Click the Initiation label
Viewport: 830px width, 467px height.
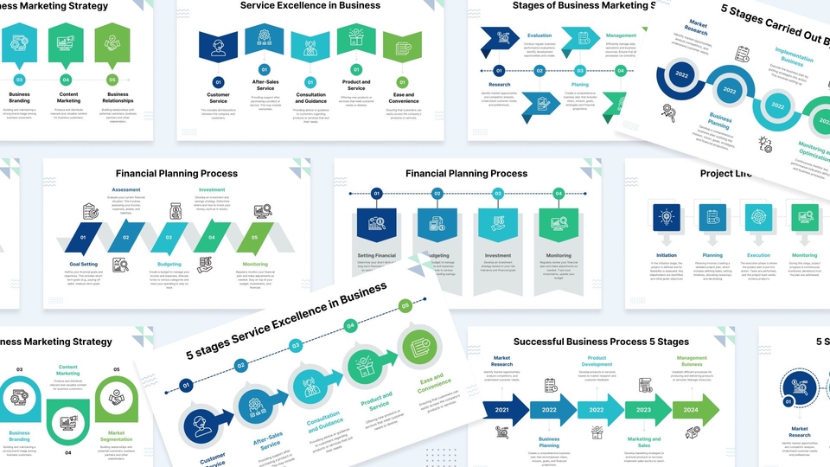(x=667, y=255)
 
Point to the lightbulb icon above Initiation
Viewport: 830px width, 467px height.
(x=667, y=217)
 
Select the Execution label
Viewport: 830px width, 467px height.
(x=758, y=255)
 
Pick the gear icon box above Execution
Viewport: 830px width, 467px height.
(x=758, y=217)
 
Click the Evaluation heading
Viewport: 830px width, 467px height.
(x=539, y=35)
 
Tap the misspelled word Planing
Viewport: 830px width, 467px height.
(x=579, y=85)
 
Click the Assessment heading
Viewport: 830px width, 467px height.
(x=126, y=189)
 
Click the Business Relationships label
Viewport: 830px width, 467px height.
(x=118, y=98)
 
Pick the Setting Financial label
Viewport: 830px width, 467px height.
(x=377, y=256)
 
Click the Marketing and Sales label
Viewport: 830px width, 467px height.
(x=643, y=442)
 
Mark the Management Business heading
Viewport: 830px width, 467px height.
(x=691, y=361)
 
